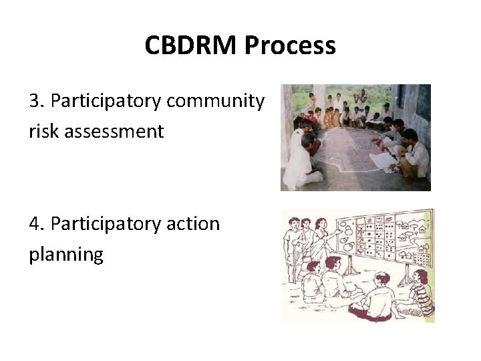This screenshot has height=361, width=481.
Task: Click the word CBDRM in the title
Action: [192, 46]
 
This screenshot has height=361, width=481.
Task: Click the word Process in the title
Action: [290, 46]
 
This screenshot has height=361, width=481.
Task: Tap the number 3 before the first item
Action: [35, 101]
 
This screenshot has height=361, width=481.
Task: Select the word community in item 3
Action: [215, 101]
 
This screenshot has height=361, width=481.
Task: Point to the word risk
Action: [43, 131]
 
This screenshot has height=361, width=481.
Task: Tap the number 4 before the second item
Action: [35, 223]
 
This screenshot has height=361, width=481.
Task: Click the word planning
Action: [66, 254]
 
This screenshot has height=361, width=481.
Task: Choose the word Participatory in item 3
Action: [106, 101]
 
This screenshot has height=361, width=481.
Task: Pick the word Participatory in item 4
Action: [106, 223]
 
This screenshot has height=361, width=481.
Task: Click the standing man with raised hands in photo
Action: [361, 100]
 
